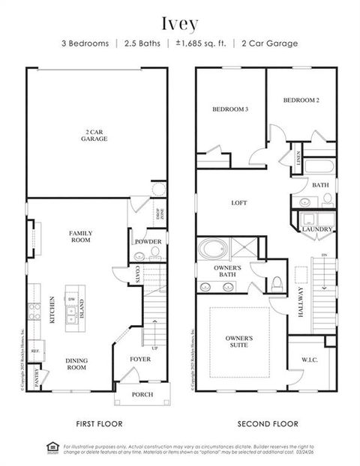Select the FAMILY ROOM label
[x=80, y=237]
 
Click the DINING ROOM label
[x=77, y=364]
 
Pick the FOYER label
[x=140, y=359]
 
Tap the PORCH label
[x=142, y=394]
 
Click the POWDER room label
[x=148, y=242]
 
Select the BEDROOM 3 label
[x=229, y=109]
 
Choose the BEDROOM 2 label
[x=301, y=100]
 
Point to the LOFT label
[x=239, y=203]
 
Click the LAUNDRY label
[x=316, y=229]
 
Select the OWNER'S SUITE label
[x=239, y=342]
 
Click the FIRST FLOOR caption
[x=99, y=423]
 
